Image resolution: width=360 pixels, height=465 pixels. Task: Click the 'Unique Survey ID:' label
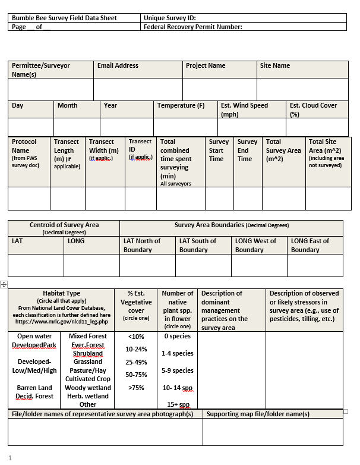pos(169,18)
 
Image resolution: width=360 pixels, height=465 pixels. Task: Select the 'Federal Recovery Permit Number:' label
pos(192,27)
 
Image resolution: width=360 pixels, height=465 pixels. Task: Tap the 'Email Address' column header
pos(118,65)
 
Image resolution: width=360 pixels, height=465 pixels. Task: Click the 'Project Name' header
pos(206,65)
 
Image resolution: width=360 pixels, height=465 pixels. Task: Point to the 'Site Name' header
pos(274,65)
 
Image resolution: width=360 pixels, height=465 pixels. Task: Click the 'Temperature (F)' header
pos(181,105)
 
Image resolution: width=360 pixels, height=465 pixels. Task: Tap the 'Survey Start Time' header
pos(219,150)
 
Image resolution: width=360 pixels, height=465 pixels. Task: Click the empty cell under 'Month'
pos(77,127)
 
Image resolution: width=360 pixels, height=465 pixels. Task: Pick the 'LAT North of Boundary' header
pos(141,245)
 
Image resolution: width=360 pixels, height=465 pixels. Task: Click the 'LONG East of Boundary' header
pos(314,245)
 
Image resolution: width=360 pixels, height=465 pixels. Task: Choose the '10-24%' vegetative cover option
pos(136,349)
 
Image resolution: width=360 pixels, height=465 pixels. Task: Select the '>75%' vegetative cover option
pos(136,388)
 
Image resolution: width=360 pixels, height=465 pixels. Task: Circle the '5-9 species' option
pos(178,370)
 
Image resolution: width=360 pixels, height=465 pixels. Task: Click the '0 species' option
pos(178,336)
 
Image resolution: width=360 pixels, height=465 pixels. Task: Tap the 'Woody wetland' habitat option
pos(88,388)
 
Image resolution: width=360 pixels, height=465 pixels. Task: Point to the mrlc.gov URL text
pos(61,322)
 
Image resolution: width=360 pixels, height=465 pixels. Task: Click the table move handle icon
pos(4,285)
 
